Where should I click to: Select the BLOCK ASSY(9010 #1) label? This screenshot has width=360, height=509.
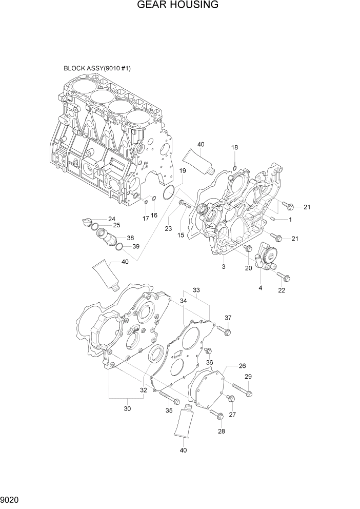97,68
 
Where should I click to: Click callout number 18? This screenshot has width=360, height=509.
234,148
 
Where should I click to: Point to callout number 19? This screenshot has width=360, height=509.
183,171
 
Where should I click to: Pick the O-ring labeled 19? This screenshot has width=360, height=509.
167,193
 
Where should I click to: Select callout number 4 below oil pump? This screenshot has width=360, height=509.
260,288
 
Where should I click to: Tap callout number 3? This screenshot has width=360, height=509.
224,267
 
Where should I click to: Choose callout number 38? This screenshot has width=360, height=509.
130,238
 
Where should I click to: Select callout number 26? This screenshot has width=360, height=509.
242,366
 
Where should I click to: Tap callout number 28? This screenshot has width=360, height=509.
221,432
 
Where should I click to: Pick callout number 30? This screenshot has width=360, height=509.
128,408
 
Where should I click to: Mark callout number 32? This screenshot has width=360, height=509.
144,390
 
